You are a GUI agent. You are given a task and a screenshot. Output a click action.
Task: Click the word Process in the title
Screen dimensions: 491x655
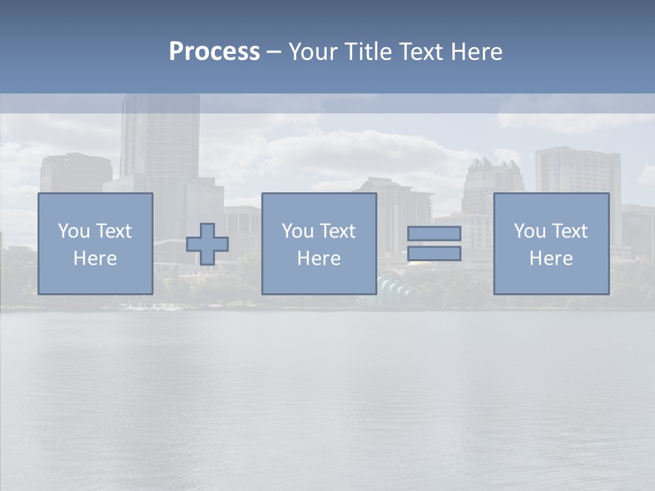click(214, 52)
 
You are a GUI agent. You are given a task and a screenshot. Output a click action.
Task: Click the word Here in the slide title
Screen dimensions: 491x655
click(477, 52)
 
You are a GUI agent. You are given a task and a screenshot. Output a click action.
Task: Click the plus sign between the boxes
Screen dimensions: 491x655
click(207, 244)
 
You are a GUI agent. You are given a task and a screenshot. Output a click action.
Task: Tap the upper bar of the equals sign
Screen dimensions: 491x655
click(434, 233)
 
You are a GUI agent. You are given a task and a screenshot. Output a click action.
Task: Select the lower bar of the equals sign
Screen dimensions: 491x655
click(434, 254)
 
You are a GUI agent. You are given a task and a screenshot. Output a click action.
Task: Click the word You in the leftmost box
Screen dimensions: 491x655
click(74, 231)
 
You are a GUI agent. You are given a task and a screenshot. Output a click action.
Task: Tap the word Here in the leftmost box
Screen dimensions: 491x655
click(95, 258)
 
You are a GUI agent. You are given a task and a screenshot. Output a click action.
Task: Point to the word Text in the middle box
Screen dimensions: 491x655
click(338, 231)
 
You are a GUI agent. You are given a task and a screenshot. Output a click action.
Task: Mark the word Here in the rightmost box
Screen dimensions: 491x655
click(551, 258)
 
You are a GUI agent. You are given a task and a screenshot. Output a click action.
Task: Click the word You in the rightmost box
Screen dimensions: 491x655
click(530, 231)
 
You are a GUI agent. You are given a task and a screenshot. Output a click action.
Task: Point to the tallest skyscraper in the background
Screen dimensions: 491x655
click(160, 136)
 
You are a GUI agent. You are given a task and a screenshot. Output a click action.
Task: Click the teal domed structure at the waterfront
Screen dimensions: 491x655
click(394, 286)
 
